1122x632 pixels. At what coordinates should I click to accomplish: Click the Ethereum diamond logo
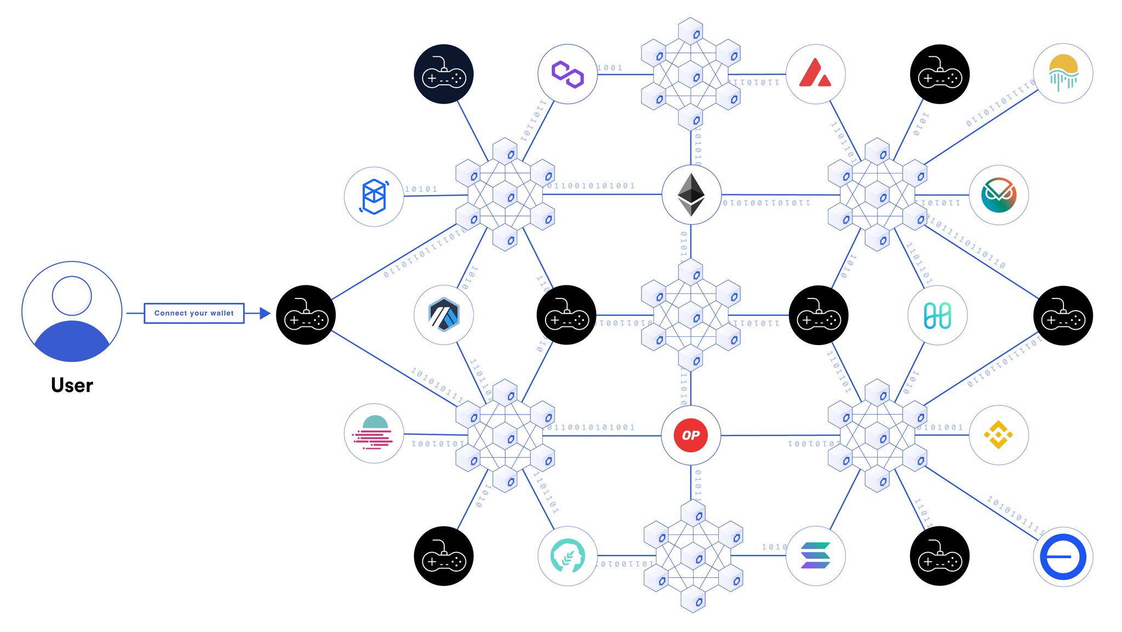pos(691,194)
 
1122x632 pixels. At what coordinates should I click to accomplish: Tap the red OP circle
pos(691,435)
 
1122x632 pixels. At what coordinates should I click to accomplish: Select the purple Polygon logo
pos(568,74)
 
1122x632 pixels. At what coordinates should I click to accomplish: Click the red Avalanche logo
pos(815,74)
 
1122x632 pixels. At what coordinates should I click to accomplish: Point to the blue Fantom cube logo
pos(374,196)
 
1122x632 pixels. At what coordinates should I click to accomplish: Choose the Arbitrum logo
pos(444,315)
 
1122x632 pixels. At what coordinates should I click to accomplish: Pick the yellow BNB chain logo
pos(998,435)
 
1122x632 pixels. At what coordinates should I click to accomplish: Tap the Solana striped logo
pos(815,556)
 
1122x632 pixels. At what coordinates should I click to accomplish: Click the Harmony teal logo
pos(937,315)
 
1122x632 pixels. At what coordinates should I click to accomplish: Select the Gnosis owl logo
pos(998,195)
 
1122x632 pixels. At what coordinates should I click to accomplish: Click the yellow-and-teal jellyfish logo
pos(1063,73)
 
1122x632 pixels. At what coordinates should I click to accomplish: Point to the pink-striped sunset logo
pos(374,434)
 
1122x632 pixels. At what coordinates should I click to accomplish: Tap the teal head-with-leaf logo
pos(568,556)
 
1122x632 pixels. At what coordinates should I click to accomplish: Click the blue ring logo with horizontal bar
pos(1063,556)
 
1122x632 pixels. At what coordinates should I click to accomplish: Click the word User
pos(72,385)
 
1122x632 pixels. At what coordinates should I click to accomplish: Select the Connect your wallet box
pos(194,313)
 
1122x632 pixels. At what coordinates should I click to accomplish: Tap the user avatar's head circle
pos(72,296)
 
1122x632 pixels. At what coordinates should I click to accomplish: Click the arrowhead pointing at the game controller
pos(265,313)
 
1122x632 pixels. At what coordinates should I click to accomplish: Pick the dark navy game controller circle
pos(444,74)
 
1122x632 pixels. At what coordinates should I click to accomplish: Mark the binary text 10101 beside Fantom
pos(421,189)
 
